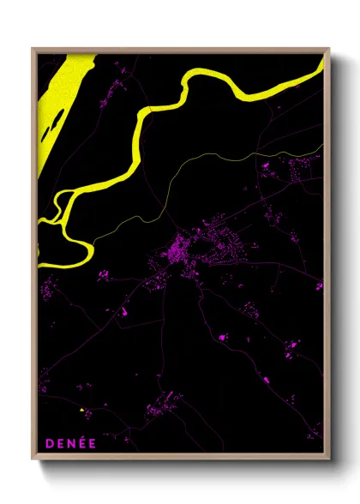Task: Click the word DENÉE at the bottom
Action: [x=71, y=443]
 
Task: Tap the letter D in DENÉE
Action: [x=51, y=443]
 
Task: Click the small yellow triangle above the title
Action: [x=82, y=411]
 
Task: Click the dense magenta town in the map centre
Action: [x=183, y=250]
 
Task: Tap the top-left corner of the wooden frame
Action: [x=33, y=49]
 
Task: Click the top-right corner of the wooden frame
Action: [x=328, y=49]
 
